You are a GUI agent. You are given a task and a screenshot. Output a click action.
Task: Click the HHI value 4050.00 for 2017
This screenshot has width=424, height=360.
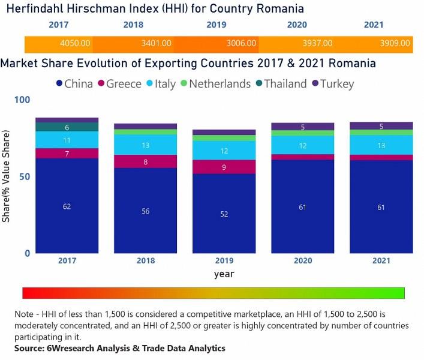pyautogui.click(x=75, y=43)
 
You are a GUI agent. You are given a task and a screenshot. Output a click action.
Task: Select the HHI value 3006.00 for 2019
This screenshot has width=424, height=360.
pyautogui.click(x=241, y=43)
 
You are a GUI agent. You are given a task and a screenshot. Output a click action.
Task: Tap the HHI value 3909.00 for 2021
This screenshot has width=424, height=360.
pyautogui.click(x=395, y=43)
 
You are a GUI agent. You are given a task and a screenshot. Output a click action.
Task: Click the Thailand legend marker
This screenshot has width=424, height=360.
pyautogui.click(x=259, y=83)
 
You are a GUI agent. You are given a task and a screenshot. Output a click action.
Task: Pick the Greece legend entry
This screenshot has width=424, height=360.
pyautogui.click(x=120, y=84)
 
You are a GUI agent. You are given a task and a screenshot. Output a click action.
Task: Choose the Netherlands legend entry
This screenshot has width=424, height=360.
pyautogui.click(x=215, y=84)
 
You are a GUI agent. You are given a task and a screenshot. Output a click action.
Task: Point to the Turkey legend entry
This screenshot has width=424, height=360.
pyautogui.click(x=333, y=84)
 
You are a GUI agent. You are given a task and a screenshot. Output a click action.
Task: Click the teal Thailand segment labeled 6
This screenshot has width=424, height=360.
pyautogui.click(x=67, y=127)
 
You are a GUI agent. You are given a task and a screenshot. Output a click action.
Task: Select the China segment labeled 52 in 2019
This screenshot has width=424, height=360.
pyautogui.click(x=224, y=214)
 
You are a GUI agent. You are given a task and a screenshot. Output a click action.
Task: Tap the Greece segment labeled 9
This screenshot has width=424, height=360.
pyautogui.click(x=224, y=167)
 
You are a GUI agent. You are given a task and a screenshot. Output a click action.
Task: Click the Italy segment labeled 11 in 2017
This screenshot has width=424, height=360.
pyautogui.click(x=67, y=140)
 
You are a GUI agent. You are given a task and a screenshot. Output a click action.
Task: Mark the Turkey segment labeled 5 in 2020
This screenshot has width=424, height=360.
pyautogui.click(x=303, y=127)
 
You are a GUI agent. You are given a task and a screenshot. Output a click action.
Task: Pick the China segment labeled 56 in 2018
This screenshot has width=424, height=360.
pyautogui.click(x=146, y=211)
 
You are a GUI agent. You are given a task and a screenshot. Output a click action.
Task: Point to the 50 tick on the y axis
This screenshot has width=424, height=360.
pyautogui.click(x=25, y=176)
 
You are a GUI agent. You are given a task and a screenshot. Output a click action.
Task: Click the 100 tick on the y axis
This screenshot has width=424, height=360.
pyautogui.click(x=22, y=100)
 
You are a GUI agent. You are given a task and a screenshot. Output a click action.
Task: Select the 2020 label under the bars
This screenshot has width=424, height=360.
pyautogui.click(x=303, y=261)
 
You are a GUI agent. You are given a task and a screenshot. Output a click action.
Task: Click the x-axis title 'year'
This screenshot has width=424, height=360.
pyautogui.click(x=224, y=274)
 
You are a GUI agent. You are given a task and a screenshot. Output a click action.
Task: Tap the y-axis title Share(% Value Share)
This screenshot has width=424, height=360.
pyautogui.click(x=6, y=176)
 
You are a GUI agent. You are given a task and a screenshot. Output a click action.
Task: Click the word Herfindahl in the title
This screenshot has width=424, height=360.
pyautogui.click(x=35, y=8)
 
